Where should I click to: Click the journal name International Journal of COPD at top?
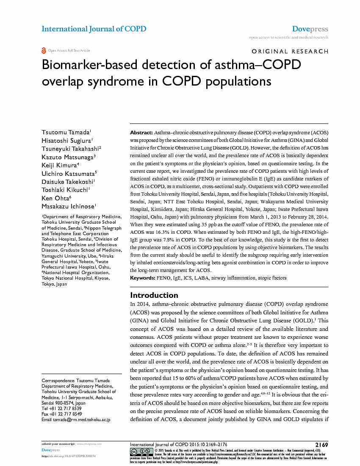94,29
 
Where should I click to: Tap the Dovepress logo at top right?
310,29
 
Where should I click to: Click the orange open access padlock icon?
44,50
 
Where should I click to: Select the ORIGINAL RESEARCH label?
290,51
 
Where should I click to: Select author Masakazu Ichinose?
68,206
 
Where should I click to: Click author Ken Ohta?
55,198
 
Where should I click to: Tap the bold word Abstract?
141,133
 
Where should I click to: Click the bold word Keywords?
143,278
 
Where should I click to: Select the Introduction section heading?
154,295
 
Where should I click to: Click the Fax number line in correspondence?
62,414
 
